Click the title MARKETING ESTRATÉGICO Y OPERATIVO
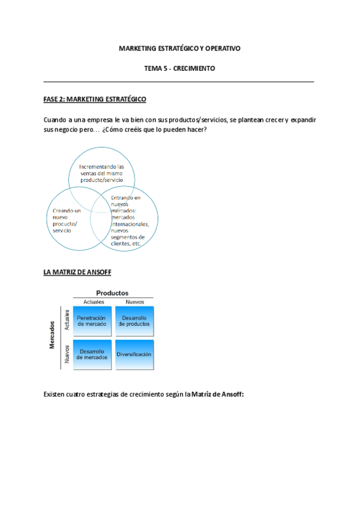[179, 47]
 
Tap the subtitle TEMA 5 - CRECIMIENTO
[179, 68]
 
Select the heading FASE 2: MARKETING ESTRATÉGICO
[95, 99]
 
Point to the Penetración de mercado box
[92, 321]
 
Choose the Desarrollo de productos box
[134, 321]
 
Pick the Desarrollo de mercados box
[92, 354]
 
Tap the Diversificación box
[134, 354]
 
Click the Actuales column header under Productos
[94, 301]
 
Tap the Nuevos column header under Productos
[134, 301]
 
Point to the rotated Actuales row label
[67, 321]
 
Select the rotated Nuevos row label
[67, 354]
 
